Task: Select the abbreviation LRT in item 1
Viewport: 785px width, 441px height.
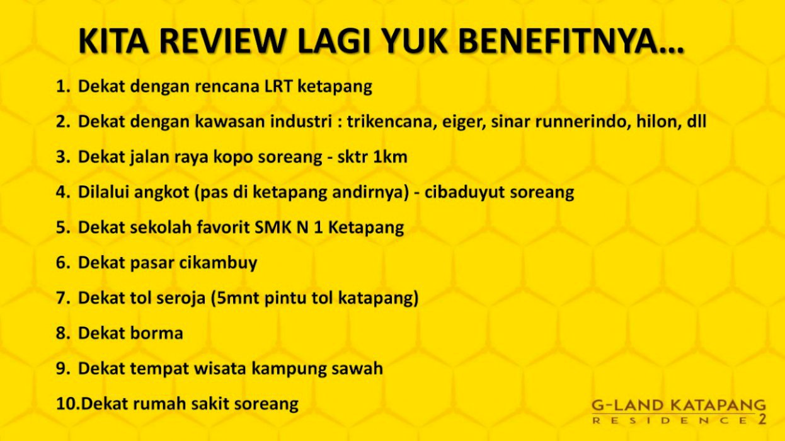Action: click(x=278, y=86)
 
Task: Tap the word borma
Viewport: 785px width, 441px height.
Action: click(x=157, y=333)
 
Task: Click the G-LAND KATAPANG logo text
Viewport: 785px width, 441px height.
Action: click(x=679, y=405)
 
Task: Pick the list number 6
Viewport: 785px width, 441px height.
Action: click(x=63, y=263)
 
